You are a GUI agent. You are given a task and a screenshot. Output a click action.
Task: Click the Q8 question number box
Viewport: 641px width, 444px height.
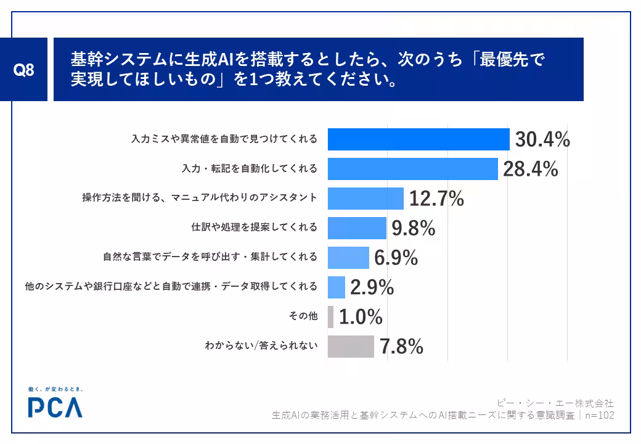coord(23,70)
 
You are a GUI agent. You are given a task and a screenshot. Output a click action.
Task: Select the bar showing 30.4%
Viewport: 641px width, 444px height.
coord(418,139)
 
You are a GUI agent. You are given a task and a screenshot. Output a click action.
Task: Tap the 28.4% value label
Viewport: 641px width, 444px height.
coord(530,169)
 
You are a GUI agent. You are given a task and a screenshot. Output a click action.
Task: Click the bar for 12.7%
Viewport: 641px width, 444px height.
coord(365,199)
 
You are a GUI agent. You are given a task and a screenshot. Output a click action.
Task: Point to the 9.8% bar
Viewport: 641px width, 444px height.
coord(357,228)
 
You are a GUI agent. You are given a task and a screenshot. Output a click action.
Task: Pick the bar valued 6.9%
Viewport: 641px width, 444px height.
coord(348,258)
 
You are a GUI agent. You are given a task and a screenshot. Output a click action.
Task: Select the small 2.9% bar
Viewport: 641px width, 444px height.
coord(337,287)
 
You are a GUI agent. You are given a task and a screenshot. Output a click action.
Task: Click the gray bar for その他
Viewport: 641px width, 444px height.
coord(331,317)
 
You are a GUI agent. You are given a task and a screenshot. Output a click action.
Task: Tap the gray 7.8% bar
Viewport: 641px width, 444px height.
coord(351,347)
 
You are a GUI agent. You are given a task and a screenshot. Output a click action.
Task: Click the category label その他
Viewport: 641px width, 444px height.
coord(303,316)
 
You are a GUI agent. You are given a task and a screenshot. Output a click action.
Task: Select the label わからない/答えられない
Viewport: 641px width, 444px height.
coord(261,345)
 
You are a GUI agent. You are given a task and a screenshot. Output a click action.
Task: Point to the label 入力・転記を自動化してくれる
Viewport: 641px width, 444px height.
coord(250,168)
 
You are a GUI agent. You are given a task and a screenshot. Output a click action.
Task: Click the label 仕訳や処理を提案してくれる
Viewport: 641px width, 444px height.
coord(255,227)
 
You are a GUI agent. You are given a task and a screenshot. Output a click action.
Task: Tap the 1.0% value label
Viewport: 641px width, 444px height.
coord(361,317)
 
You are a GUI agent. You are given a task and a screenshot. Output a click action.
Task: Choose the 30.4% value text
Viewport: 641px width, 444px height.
coord(542,139)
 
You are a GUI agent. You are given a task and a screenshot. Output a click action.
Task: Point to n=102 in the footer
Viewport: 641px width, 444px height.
coord(599,416)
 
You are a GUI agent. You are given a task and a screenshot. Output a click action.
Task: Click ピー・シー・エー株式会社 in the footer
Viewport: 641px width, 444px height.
coord(555,403)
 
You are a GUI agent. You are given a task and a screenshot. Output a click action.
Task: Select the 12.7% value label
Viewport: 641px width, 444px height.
coord(436,199)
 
